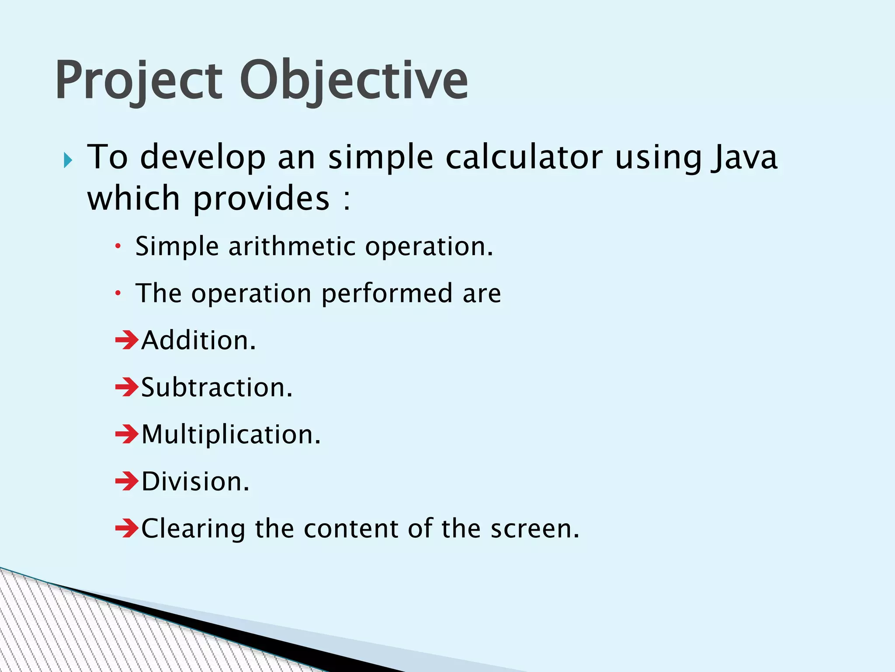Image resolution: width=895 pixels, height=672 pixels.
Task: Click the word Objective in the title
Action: (x=354, y=81)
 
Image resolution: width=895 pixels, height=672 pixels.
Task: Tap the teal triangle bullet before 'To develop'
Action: (x=67, y=160)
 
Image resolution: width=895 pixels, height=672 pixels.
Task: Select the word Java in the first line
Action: (x=744, y=157)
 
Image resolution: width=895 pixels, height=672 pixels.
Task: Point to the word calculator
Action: (x=524, y=157)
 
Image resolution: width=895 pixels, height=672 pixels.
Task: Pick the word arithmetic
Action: (x=292, y=246)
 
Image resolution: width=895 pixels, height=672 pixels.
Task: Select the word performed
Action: (x=387, y=294)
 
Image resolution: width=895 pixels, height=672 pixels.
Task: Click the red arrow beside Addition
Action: (x=127, y=340)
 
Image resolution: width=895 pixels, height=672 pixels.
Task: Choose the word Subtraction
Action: (x=216, y=388)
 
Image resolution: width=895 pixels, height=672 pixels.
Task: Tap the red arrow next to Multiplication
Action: (x=127, y=434)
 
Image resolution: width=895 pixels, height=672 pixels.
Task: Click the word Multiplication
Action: (x=231, y=434)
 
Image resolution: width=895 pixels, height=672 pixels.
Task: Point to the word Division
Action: (x=195, y=482)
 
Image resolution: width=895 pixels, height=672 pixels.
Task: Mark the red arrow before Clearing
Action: (x=127, y=528)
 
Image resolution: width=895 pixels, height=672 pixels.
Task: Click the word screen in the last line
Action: (x=534, y=529)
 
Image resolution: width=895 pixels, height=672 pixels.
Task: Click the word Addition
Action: (x=198, y=340)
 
